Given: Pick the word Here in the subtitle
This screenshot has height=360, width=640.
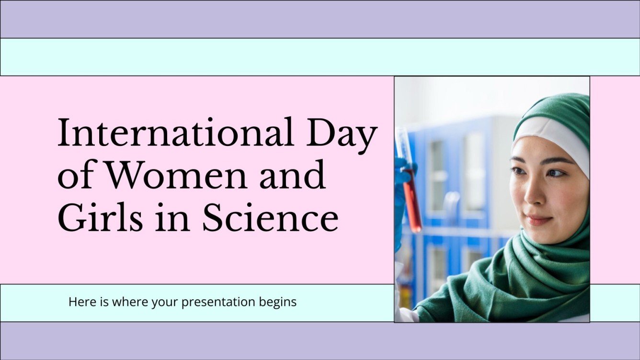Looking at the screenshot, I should (79, 302).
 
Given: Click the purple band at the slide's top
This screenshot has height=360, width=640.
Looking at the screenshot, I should (320, 19).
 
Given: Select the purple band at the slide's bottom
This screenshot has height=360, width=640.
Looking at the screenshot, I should (320, 341).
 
